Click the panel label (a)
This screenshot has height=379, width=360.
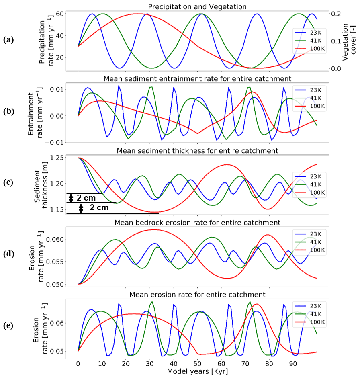[8, 39]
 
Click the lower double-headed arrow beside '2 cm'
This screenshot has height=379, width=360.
[81, 208]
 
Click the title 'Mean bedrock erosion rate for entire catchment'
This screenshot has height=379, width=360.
[197, 222]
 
